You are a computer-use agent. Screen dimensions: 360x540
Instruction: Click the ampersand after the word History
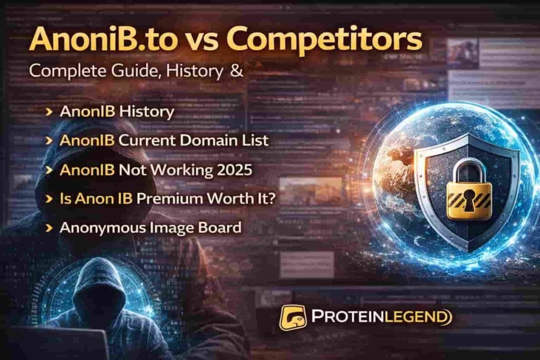pos(236,72)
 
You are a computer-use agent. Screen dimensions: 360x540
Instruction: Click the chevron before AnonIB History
pos(49,112)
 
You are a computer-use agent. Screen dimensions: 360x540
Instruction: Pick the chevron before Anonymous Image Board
pos(49,228)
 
